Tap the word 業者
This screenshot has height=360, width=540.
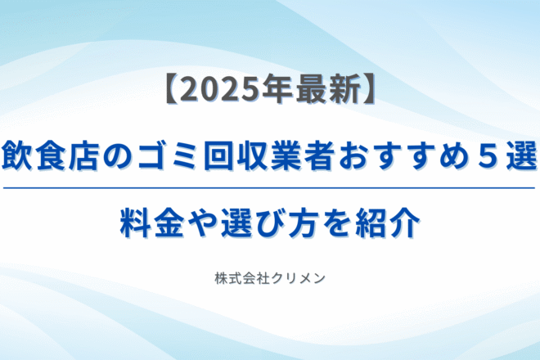pos(303,157)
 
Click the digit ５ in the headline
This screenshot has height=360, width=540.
pos(488,157)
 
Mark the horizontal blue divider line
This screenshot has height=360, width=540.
pos(269,188)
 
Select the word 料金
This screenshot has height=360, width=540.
pos(152,223)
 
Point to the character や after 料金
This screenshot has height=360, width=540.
pos(202,223)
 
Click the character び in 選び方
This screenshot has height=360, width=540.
pos(270,223)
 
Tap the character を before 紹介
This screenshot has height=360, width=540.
pos(336,223)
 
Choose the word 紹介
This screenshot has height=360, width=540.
pos(388,223)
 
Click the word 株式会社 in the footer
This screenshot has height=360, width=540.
pos(242,279)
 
